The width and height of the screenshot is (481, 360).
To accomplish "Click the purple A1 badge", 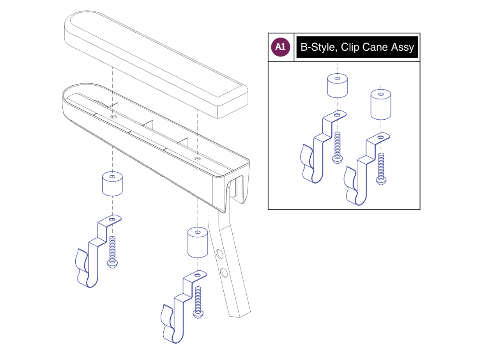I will [x=281, y=47].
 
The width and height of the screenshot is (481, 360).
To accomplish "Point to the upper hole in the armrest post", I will [x=220, y=255].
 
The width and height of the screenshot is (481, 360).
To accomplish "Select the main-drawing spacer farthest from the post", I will [x=112, y=184].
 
